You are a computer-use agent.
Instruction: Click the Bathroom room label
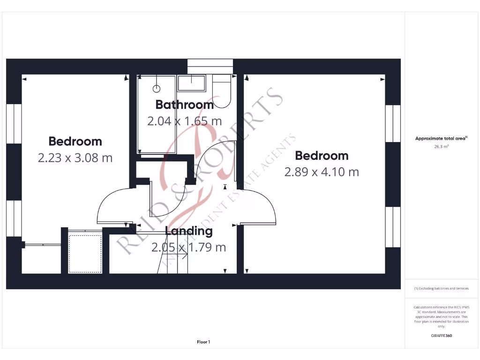point(184,105)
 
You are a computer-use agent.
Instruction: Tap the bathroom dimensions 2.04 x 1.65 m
point(184,121)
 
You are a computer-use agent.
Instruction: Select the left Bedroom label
point(75,141)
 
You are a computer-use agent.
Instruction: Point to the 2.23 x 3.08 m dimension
point(75,157)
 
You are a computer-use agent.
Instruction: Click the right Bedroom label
point(322,155)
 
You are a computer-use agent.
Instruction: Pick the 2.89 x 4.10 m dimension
point(322,172)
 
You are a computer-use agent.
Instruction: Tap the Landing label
point(189,231)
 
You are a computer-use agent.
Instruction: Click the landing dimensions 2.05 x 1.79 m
point(188,247)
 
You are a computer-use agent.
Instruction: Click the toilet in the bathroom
point(222,91)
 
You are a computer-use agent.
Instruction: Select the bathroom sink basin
point(191,83)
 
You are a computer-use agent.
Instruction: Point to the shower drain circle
point(157,89)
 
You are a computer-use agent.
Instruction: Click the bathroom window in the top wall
point(210,66)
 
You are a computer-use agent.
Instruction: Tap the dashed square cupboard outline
point(85,252)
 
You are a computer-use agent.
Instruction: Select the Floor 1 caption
point(203,342)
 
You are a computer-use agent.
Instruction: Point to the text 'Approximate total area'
point(441,138)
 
